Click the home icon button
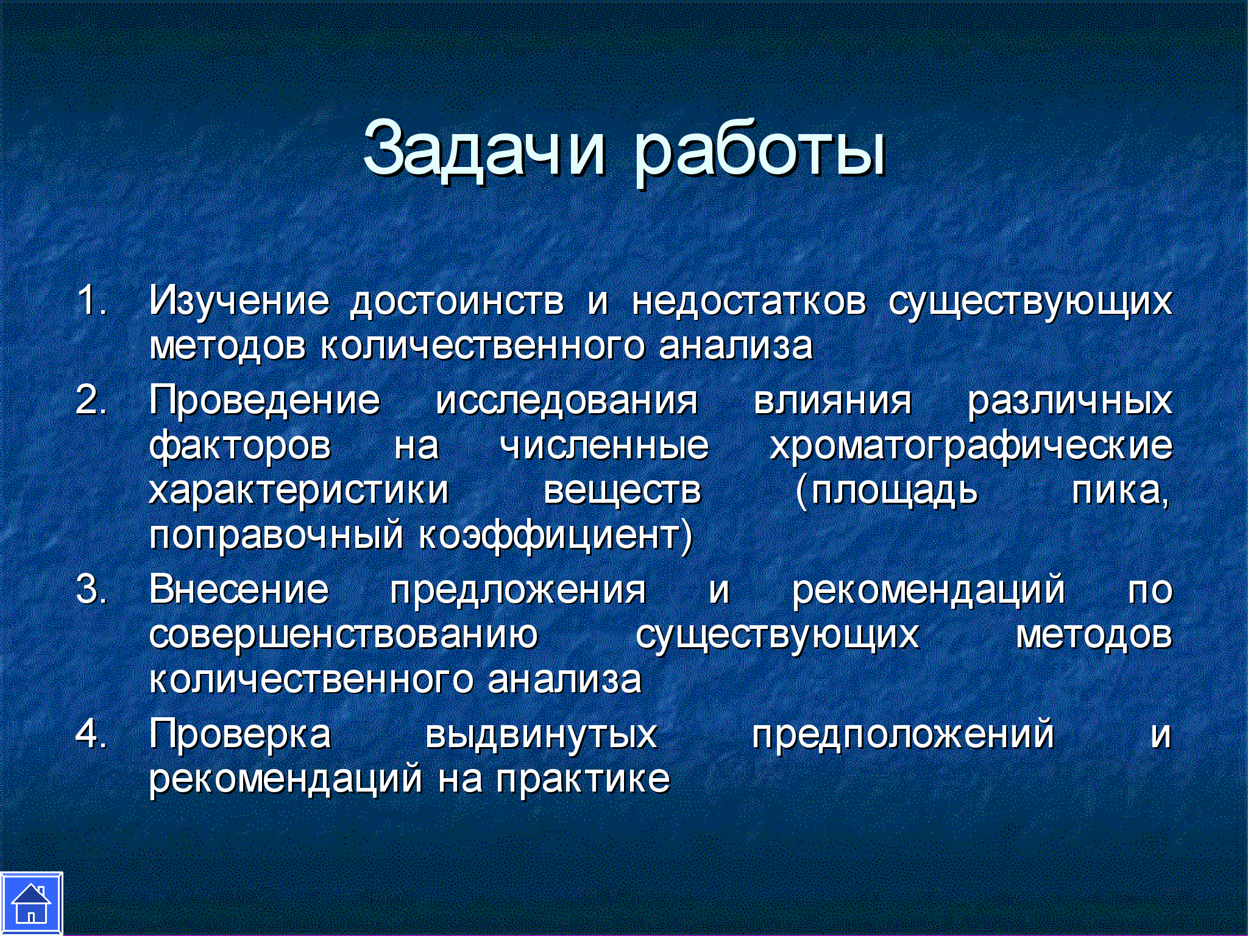point(31,904)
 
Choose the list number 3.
point(91,589)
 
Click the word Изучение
point(239,301)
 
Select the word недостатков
point(749,302)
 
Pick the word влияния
point(833,401)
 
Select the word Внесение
point(239,589)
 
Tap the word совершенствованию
point(344,635)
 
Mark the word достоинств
point(457,302)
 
